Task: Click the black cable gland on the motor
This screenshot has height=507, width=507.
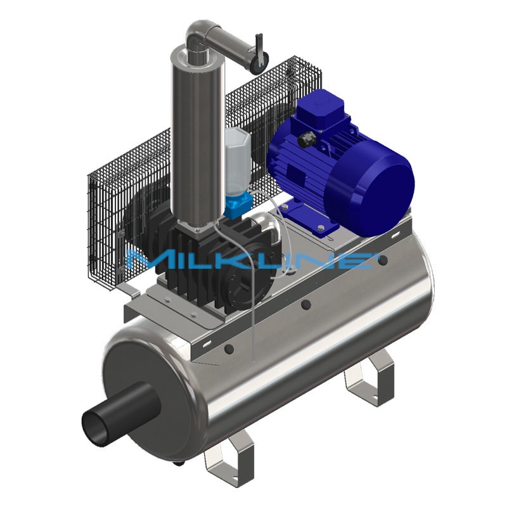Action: [305, 141]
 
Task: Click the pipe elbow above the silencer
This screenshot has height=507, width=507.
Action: [196, 34]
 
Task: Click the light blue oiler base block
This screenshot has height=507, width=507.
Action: [238, 203]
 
